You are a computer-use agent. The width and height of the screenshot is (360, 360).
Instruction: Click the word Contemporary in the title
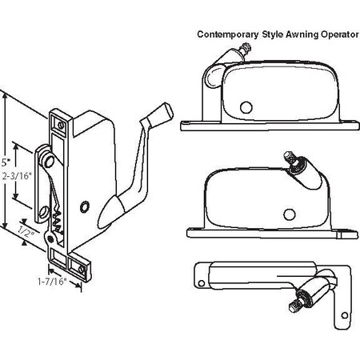coord(228,34)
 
